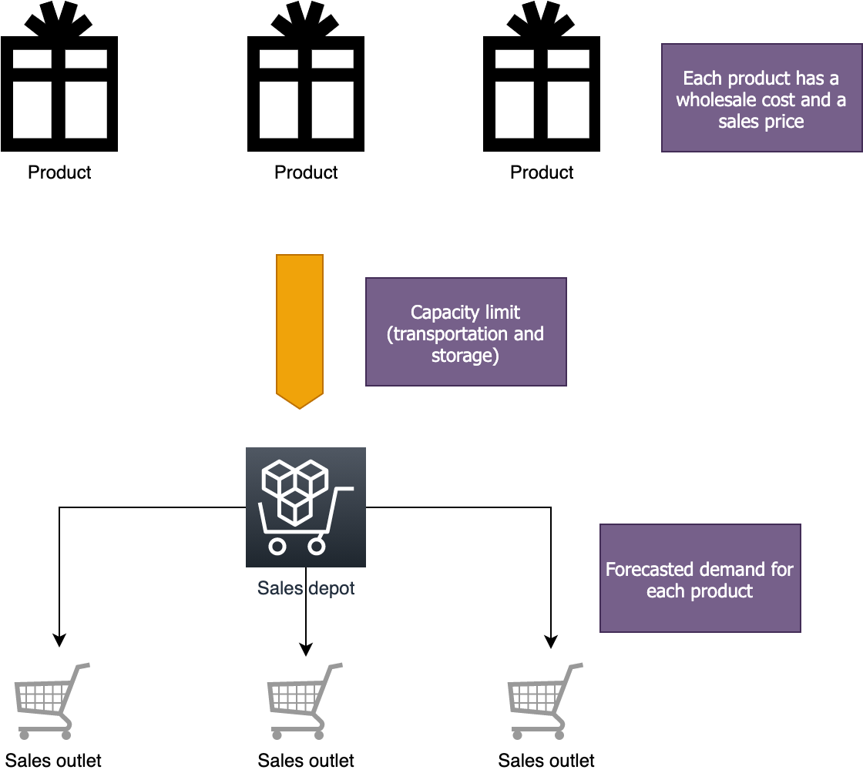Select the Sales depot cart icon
305,507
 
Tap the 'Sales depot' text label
306,588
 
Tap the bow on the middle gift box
306,19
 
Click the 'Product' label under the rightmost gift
542,172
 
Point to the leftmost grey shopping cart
49,699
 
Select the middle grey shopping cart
303,699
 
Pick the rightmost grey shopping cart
543,699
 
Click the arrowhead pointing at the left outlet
59,640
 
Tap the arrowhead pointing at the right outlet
551,641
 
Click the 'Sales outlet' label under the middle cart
306,761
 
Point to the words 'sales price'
761,122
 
